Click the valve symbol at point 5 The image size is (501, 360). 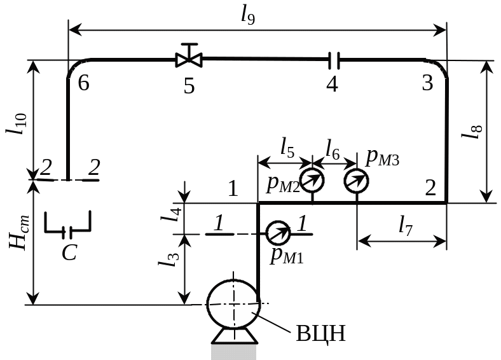click(x=189, y=60)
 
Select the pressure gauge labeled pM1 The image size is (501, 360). click(x=277, y=233)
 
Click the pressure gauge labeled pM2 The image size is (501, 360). click(x=312, y=181)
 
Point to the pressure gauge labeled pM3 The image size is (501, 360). click(x=357, y=181)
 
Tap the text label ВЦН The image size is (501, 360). click(x=321, y=333)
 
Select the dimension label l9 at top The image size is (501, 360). click(x=249, y=15)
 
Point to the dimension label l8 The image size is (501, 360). click(x=470, y=132)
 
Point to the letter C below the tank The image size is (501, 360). click(x=69, y=253)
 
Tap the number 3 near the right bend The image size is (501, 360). click(x=427, y=83)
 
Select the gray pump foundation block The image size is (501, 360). click(x=235, y=351)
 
